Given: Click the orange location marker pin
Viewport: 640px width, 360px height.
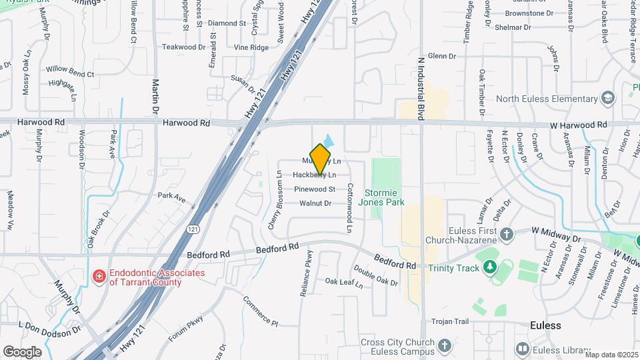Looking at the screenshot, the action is click(321, 159).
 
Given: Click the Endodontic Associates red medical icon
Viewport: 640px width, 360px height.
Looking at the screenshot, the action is click(99, 275).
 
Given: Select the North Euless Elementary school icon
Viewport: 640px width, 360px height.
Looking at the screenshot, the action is click(607, 99).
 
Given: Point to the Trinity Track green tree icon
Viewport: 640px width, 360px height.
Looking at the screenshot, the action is click(490, 267).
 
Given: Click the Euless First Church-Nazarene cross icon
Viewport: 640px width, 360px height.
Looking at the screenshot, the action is click(507, 234).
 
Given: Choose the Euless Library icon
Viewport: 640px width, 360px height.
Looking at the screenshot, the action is click(523, 349).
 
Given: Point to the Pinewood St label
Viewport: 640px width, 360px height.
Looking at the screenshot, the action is click(314, 189).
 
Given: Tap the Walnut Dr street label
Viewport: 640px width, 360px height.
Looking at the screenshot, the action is click(315, 203).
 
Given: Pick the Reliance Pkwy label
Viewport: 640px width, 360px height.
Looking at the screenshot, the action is click(309, 273).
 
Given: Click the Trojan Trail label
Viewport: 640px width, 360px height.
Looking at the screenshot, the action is click(451, 321).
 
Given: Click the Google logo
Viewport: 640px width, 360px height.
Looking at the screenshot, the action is click(22, 351).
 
